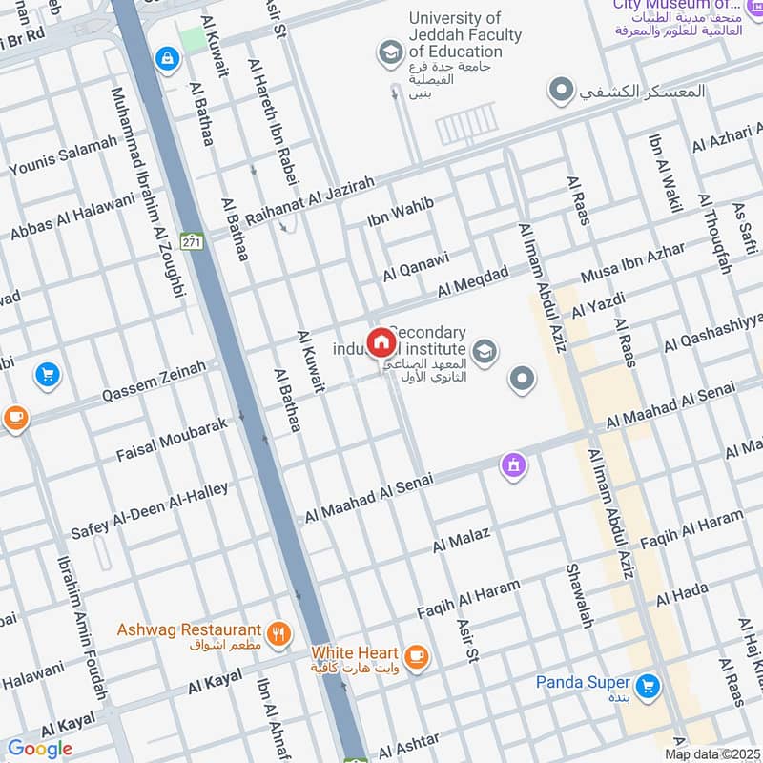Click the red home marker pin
(x=381, y=342)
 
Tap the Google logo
(x=40, y=749)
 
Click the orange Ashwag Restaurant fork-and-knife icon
(x=278, y=631)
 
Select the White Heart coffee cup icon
(x=416, y=655)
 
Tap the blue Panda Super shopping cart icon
(x=648, y=685)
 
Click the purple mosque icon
(x=514, y=466)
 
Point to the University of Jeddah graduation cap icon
(x=389, y=53)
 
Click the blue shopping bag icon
(x=168, y=59)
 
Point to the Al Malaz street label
(x=461, y=540)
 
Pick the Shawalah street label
(x=579, y=596)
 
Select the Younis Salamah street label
(x=63, y=155)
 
